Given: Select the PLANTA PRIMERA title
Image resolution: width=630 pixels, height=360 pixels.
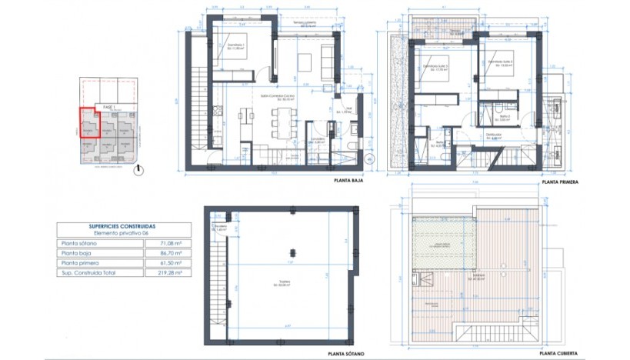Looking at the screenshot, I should pyautogui.click(x=559, y=183).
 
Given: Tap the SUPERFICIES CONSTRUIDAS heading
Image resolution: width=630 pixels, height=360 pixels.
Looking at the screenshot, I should pyautogui.click(x=122, y=226).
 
